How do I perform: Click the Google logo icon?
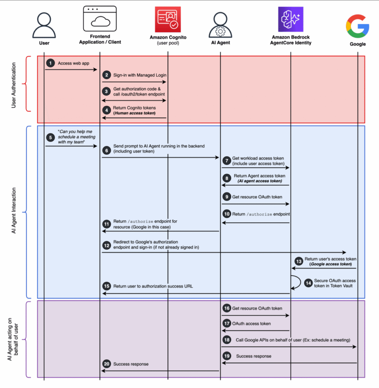[x=357, y=25]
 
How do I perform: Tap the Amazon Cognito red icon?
[x=168, y=20]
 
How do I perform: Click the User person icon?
[x=44, y=24]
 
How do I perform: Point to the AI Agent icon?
[x=220, y=24]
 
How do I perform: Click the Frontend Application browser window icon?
[x=100, y=19]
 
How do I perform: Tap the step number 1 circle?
[x=50, y=63]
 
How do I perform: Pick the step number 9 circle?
[x=226, y=197]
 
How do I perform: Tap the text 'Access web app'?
[x=74, y=63]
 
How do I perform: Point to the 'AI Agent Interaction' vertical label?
[x=14, y=212]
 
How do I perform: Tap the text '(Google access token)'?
[x=330, y=264]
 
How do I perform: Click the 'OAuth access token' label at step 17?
[x=251, y=324]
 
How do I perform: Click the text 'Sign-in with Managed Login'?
[x=140, y=75]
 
